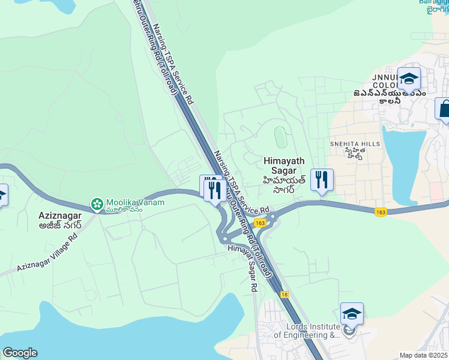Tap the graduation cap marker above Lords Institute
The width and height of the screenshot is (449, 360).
click(352, 314)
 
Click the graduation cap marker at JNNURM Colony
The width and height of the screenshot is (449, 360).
click(409, 79)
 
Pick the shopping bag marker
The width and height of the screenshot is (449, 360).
click(444, 109)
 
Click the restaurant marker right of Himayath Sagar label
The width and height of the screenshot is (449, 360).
click(322, 179)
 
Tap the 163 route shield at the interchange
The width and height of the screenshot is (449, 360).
click(259, 223)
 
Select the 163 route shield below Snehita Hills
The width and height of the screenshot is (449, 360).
click(380, 212)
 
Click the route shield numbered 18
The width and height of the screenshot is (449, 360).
click(284, 294)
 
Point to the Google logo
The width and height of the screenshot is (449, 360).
click(20, 353)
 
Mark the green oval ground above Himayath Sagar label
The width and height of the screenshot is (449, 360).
click(280, 137)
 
